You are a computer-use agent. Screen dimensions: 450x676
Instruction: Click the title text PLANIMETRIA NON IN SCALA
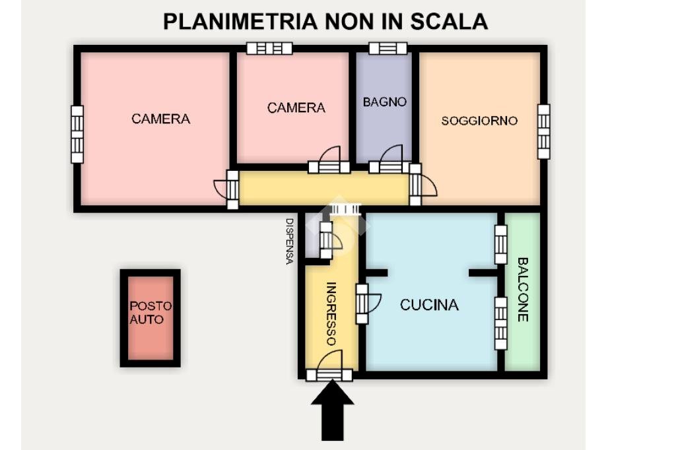pos(325,21)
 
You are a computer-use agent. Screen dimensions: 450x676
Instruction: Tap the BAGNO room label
pos(384,102)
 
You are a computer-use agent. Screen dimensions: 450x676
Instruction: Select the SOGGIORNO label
pos(479,121)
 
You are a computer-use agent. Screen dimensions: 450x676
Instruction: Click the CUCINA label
pos(429,305)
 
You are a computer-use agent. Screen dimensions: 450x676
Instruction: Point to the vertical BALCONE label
pos(522,289)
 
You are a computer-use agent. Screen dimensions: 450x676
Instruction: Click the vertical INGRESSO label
pos(332,313)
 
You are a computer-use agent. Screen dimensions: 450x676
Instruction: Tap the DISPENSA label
pos(288,241)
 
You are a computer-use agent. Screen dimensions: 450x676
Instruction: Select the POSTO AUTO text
pos(150,313)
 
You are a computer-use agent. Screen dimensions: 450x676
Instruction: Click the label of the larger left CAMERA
pos(160,119)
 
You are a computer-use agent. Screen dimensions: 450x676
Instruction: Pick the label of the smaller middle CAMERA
pos(296,108)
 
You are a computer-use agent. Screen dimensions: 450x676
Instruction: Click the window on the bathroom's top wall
pos(388,48)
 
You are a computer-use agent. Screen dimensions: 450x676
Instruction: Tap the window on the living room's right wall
pos(543,131)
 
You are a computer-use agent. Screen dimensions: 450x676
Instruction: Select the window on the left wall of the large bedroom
pos(77,134)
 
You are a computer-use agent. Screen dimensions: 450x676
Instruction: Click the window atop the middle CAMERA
pos(269,48)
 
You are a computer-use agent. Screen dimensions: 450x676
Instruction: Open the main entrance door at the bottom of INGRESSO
pos(329,373)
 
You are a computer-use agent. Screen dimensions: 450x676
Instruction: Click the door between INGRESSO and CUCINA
pos(362,304)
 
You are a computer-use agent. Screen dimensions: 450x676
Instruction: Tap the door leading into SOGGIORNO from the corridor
pos(416,185)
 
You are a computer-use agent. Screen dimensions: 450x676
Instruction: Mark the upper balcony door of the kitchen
pos(501,245)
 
